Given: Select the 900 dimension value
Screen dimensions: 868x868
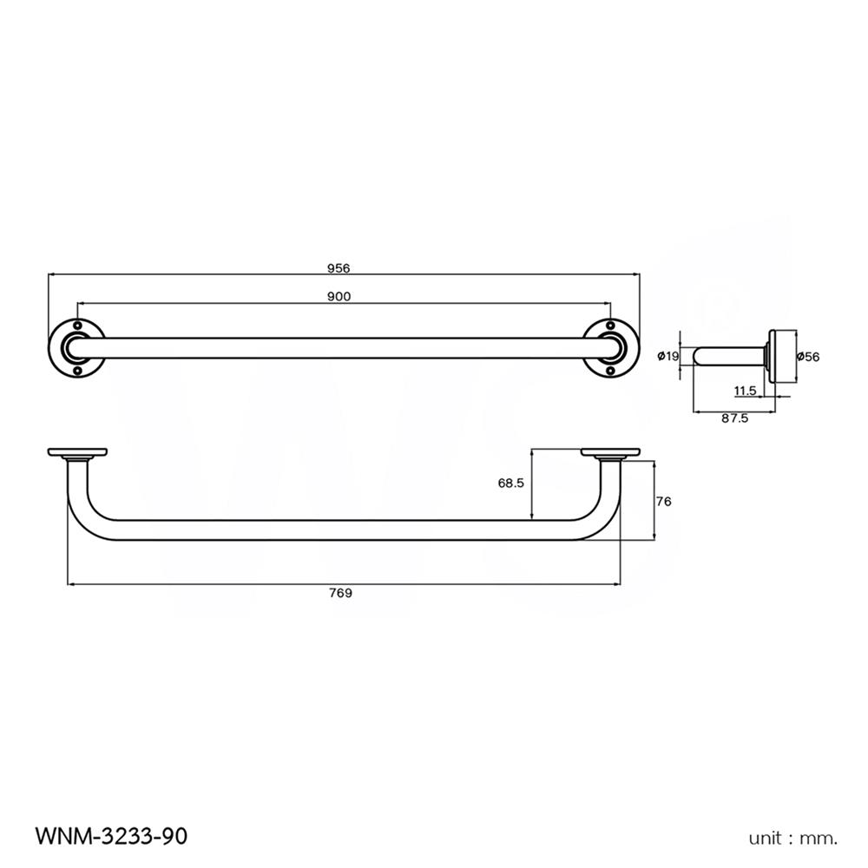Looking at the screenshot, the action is [339, 297].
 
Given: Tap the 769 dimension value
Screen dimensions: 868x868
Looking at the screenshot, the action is [341, 594].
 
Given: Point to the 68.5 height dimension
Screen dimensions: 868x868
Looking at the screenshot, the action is [510, 484].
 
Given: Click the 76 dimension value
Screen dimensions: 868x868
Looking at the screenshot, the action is [665, 501].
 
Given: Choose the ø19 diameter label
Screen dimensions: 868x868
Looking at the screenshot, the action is [668, 356].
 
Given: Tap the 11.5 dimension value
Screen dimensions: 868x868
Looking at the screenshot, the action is [745, 391].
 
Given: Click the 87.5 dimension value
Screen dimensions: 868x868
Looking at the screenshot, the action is [734, 418].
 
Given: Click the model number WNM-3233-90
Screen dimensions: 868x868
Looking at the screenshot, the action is [111, 837].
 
